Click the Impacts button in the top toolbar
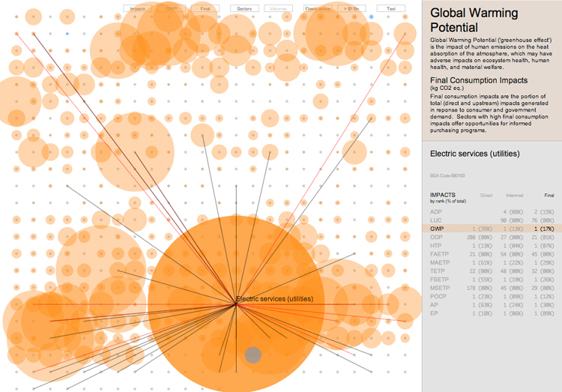tap(138, 8)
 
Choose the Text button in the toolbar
tap(391, 8)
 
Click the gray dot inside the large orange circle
tap(253, 355)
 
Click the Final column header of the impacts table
tap(549, 194)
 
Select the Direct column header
tap(486, 194)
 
